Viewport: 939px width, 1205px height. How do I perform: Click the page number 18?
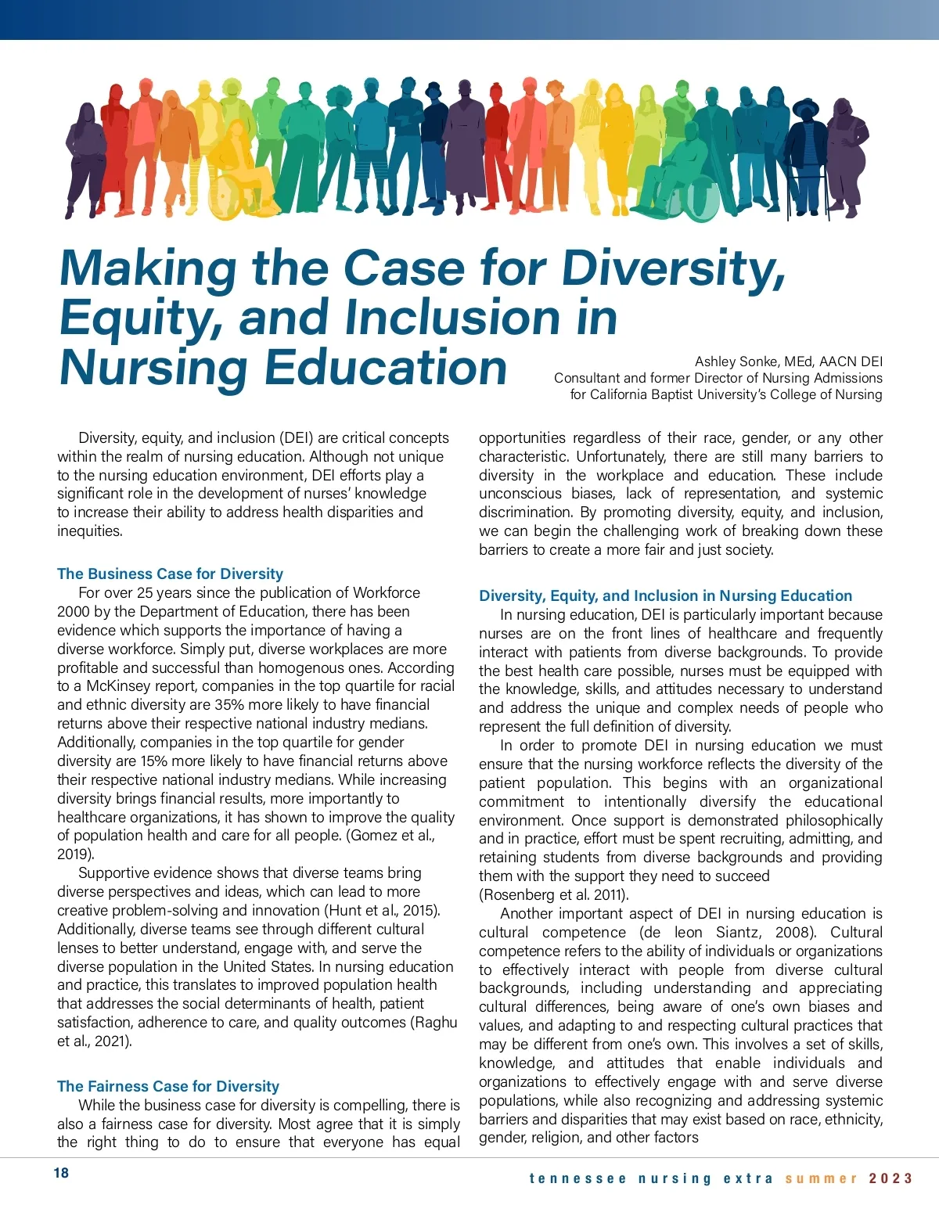(61, 1172)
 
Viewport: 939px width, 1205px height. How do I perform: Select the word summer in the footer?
(822, 1178)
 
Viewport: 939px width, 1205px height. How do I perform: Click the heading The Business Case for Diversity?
(170, 574)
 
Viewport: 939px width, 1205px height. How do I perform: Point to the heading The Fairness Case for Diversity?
(167, 1086)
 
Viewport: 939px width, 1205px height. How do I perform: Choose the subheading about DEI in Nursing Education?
(665, 595)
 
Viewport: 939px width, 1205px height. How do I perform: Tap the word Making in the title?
(148, 268)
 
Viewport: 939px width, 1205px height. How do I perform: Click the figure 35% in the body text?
(207, 705)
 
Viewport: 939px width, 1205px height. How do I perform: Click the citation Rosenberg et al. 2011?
(553, 894)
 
